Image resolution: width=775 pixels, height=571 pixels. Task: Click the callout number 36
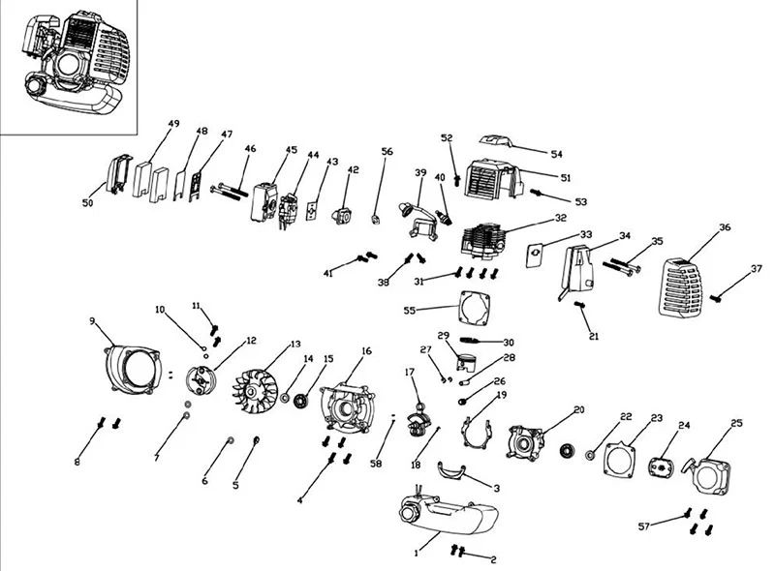point(725,227)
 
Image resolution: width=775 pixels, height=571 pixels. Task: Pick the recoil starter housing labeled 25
point(708,477)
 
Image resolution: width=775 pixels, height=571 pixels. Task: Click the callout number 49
point(173,124)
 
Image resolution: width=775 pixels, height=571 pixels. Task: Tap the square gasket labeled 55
point(475,308)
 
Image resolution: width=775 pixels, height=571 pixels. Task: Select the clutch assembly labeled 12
point(200,382)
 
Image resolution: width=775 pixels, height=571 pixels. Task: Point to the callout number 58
point(376,464)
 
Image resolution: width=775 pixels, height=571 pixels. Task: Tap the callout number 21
point(594,337)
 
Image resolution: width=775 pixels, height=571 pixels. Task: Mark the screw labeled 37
point(716,298)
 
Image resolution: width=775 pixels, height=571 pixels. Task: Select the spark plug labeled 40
point(444,218)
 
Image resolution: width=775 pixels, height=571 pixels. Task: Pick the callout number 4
point(299,500)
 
